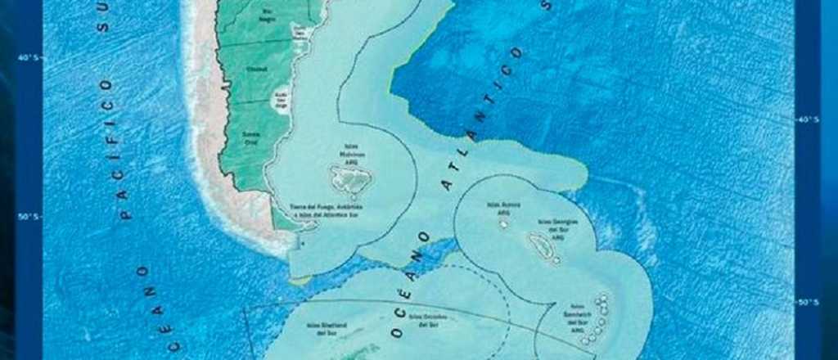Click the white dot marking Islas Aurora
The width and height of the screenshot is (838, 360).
503,223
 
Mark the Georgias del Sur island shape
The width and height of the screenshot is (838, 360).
540,245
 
